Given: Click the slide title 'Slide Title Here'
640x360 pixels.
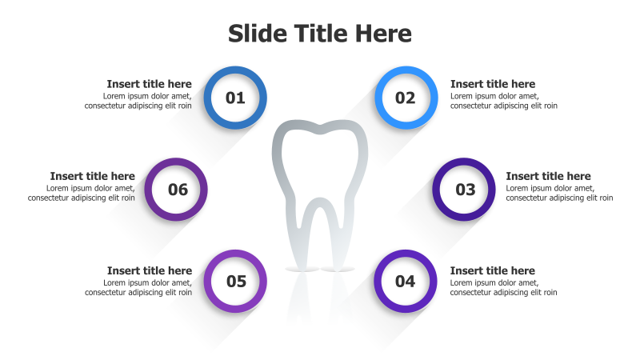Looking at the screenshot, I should click(320, 34).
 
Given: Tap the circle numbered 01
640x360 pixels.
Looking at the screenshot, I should click(235, 98).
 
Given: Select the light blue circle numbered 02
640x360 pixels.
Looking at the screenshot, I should click(406, 98).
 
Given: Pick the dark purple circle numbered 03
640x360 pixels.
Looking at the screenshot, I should click(465, 190).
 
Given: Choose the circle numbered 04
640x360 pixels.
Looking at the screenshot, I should click(406, 282).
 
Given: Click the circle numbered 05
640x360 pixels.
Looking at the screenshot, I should click(235, 282).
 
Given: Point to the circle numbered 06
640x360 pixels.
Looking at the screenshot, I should click(177, 190).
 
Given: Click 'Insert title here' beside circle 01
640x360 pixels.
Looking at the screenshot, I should click(149, 84).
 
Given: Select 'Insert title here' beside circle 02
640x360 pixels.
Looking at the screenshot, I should click(493, 84).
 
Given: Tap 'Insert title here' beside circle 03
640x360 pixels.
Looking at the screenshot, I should click(548, 176).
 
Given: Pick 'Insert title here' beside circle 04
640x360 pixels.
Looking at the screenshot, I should click(493, 270).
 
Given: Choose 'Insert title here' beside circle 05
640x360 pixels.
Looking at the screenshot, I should click(149, 270).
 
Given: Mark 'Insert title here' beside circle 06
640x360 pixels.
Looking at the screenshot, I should click(92, 176).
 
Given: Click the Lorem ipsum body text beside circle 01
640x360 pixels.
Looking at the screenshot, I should click(138, 101).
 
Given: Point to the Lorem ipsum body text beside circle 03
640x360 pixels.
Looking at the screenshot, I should click(559, 193).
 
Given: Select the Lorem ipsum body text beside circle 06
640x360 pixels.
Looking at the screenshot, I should click(81, 193).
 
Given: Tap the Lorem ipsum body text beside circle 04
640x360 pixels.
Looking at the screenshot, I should click(504, 287).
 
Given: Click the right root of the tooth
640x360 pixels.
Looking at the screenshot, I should click(342, 240).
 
